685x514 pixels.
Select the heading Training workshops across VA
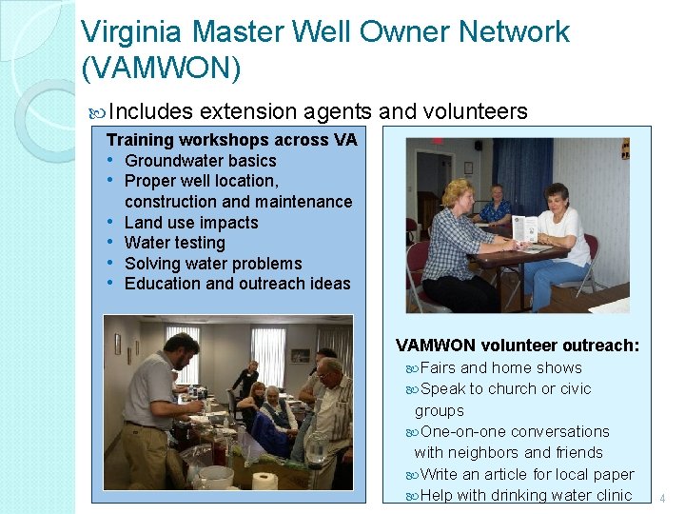[231, 140]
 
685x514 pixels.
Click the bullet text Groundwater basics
[200, 161]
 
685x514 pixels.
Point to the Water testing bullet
[175, 243]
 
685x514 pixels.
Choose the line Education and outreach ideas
[237, 284]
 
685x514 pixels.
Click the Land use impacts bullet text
[191, 223]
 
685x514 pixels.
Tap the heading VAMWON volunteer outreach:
[517, 345]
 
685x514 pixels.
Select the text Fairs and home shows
[500, 367]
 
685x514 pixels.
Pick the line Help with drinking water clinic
[525, 495]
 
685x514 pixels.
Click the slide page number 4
[662, 497]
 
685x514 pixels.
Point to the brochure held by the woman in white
[524, 228]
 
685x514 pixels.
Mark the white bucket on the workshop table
[217, 476]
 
